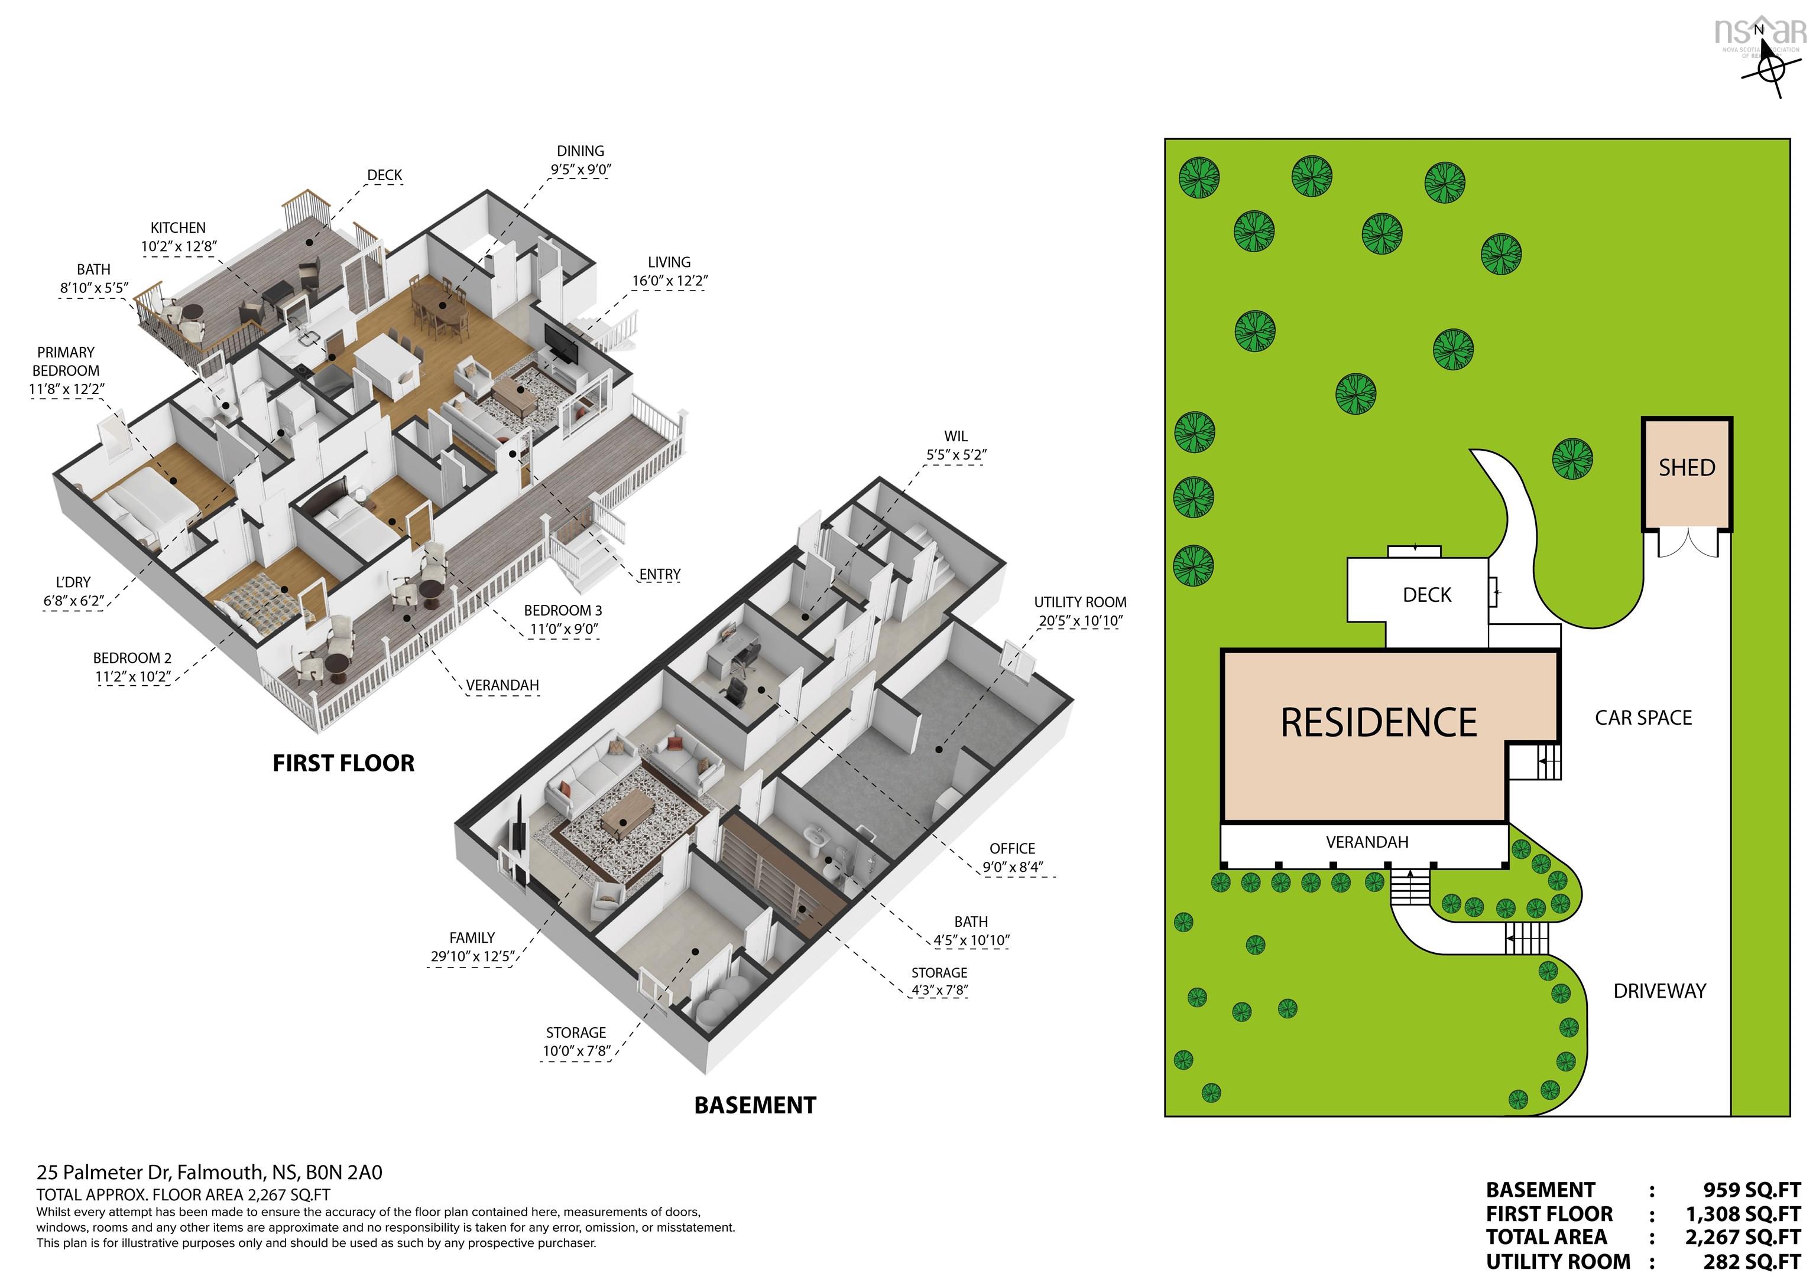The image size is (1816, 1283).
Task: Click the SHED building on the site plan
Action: [1687, 474]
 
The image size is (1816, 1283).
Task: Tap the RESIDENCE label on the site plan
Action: [1379, 722]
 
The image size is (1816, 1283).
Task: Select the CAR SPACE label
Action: [1643, 718]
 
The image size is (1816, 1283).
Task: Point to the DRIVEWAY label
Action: [1659, 991]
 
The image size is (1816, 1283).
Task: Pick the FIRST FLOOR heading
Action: [343, 763]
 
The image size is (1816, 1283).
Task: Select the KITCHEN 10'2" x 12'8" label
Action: [179, 237]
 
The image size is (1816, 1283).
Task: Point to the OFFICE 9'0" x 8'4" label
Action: [1013, 858]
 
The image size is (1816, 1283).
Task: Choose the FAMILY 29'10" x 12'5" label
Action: [472, 947]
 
